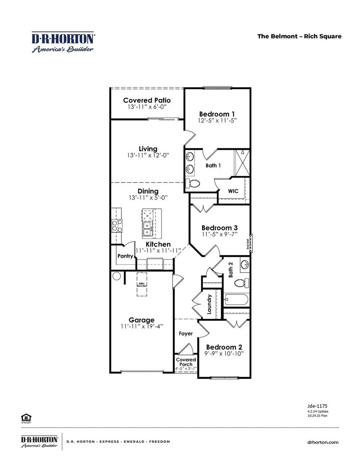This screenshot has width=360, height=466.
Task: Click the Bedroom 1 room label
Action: click(x=214, y=114)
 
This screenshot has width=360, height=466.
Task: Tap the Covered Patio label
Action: click(x=147, y=100)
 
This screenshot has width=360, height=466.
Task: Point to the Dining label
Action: click(x=148, y=191)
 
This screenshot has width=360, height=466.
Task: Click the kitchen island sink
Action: click(x=147, y=229)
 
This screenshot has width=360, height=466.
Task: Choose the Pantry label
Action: click(x=125, y=256)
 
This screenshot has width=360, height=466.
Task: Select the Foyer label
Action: click(x=186, y=334)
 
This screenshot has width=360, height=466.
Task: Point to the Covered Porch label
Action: click(x=186, y=362)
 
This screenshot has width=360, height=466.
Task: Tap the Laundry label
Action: click(x=210, y=304)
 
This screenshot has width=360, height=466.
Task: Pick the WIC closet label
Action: click(x=233, y=191)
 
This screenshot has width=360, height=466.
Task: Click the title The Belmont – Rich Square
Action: click(x=299, y=36)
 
